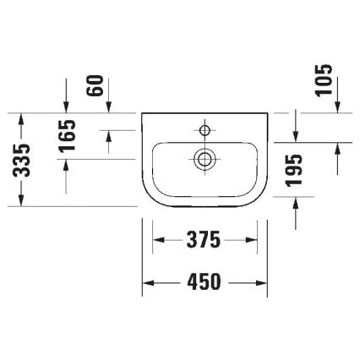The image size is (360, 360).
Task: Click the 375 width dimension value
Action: point(204,240)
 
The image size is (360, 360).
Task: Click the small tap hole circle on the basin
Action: point(204,129)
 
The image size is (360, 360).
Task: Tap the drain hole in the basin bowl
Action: point(204,157)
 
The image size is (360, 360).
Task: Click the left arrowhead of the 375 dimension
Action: point(158,240)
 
